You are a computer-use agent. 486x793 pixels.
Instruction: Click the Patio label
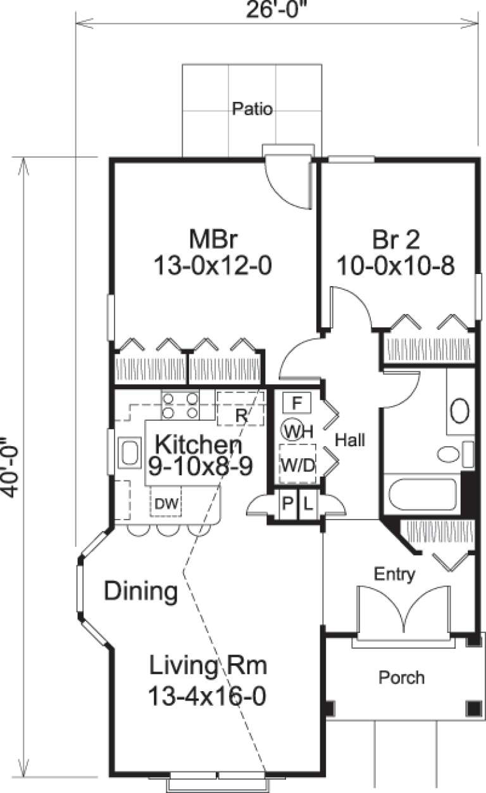point(252,109)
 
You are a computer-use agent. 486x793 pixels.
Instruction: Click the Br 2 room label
point(396,241)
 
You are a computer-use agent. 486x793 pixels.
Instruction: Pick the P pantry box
point(288,504)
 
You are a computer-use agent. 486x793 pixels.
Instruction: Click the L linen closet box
point(308,504)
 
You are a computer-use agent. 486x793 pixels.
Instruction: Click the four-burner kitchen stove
point(180,406)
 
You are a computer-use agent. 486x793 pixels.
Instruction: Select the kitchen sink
point(131,452)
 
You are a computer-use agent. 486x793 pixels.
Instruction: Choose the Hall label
point(350,439)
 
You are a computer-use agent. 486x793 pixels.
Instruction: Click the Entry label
point(394,574)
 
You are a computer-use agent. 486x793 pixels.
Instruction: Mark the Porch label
point(401,677)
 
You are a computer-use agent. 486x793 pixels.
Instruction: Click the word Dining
point(140,591)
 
